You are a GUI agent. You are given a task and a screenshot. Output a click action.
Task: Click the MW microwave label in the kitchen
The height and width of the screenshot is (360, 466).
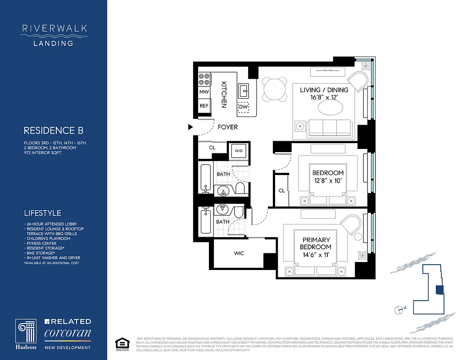pos(204,92)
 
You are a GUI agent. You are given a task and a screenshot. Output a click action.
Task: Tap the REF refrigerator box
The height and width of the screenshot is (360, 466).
pos(204,106)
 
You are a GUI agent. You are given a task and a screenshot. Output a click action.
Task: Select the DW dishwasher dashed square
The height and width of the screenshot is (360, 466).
pos(244,107)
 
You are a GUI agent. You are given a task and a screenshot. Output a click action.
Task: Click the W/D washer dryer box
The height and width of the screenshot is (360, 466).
pos(238,151)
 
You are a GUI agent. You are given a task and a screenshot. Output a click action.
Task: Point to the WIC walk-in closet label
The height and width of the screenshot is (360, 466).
pos(239,253)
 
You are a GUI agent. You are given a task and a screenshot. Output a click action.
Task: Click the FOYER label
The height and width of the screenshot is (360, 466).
pos(227,127)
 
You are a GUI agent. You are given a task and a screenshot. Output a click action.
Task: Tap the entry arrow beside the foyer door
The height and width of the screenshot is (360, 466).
pos(190,127)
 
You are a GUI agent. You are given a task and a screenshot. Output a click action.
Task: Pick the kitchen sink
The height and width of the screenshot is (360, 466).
pos(244,90)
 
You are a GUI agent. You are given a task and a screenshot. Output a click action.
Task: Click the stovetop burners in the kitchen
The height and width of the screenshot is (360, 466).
pos(204,79)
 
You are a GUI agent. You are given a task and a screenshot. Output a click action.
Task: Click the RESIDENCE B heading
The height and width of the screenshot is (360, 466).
pos(54,131)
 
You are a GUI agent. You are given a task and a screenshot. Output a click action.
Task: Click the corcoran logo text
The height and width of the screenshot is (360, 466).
pos(68,333)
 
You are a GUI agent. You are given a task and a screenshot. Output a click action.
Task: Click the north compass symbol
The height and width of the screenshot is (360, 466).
pos(398,309)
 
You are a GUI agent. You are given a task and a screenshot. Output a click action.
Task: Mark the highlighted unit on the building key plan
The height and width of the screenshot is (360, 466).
pos(440,290)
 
